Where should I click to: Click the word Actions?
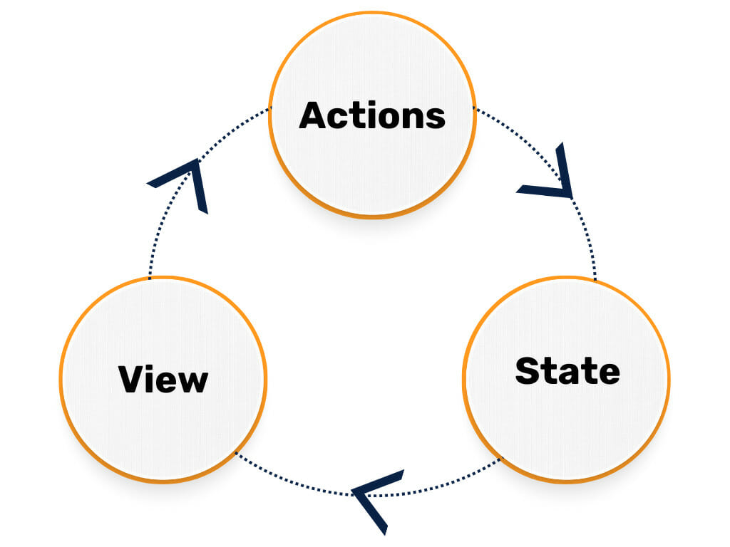(x=372, y=115)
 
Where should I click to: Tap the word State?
(x=567, y=371)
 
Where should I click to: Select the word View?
(x=163, y=379)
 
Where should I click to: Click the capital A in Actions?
(x=313, y=115)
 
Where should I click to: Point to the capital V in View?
(x=133, y=379)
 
